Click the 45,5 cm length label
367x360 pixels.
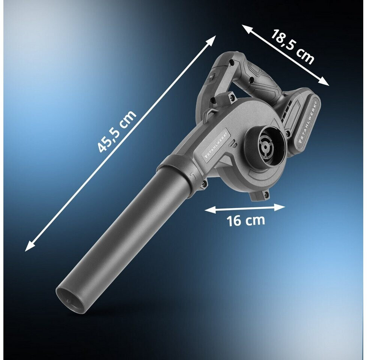click(116, 131)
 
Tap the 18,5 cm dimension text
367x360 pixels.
click(292, 47)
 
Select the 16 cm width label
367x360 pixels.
click(246, 220)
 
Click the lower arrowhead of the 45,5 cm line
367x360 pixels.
click(29, 247)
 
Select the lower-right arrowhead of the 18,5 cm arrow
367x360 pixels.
click(324, 82)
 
